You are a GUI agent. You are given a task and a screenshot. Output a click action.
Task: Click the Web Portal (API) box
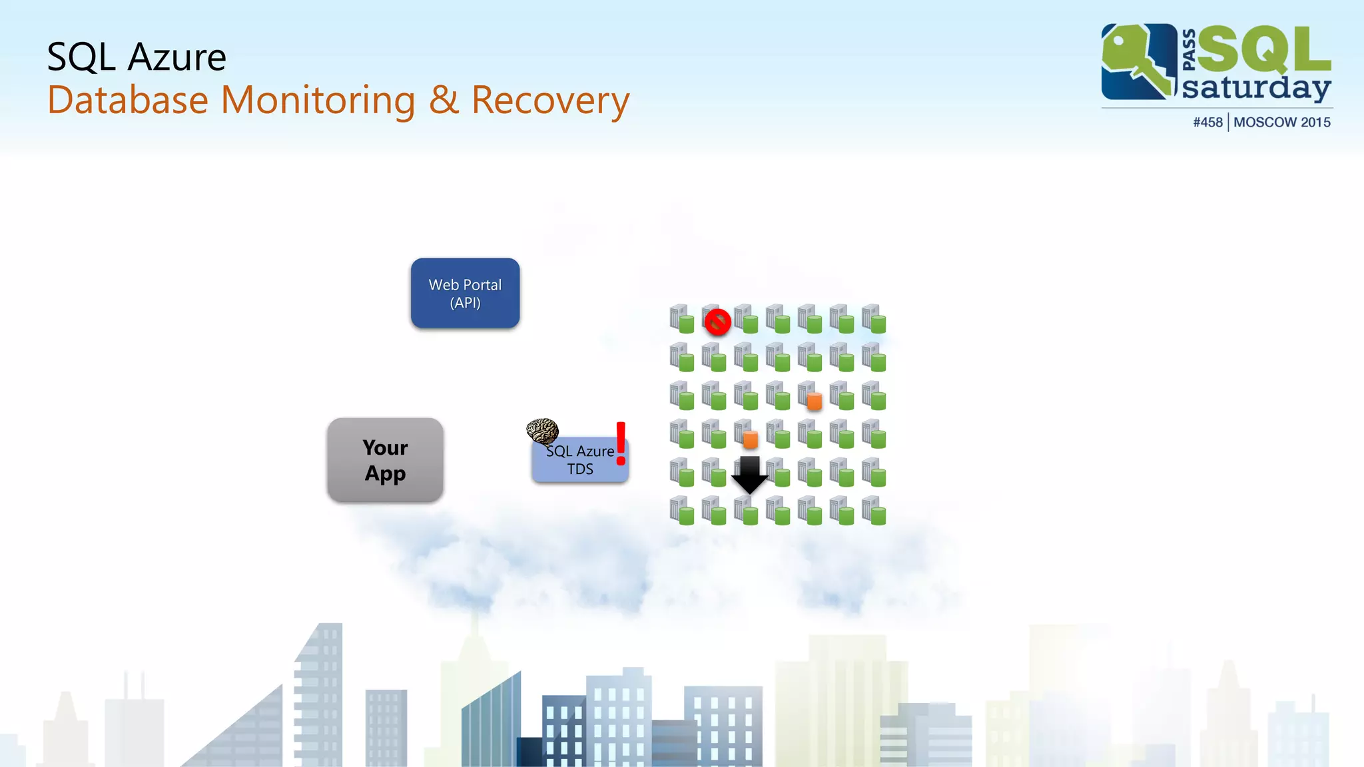pyautogui.click(x=465, y=294)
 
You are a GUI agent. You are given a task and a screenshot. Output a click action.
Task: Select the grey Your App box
pyautogui.click(x=385, y=460)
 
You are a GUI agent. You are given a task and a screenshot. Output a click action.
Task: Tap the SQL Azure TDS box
pyautogui.click(x=580, y=461)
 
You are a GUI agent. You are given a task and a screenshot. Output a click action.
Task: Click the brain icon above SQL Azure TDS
pyautogui.click(x=542, y=431)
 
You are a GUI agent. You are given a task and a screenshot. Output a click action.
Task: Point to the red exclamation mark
pyautogui.click(x=621, y=443)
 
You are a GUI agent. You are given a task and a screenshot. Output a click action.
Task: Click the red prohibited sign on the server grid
pyautogui.click(x=717, y=322)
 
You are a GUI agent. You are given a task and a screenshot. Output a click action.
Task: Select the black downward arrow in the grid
pyautogui.click(x=750, y=474)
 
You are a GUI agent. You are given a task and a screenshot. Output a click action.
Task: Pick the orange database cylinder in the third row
pyautogui.click(x=814, y=401)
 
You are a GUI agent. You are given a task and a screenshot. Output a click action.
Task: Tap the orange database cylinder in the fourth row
pyautogui.click(x=750, y=439)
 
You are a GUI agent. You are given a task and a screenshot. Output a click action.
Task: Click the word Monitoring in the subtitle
pyautogui.click(x=318, y=101)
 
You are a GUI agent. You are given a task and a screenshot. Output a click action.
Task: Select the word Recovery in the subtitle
pyautogui.click(x=550, y=101)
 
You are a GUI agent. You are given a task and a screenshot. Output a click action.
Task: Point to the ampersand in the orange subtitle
pyautogui.click(x=444, y=101)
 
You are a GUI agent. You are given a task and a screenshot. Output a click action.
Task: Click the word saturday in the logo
pyautogui.click(x=1256, y=87)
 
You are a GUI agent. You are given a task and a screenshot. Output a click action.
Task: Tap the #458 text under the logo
pyautogui.click(x=1207, y=123)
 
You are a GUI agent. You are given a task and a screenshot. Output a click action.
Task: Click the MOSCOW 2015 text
pyautogui.click(x=1282, y=123)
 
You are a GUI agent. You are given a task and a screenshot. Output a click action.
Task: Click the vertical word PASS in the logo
pyautogui.click(x=1189, y=50)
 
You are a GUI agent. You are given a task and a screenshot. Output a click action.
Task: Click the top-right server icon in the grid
pyautogui.click(x=874, y=319)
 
